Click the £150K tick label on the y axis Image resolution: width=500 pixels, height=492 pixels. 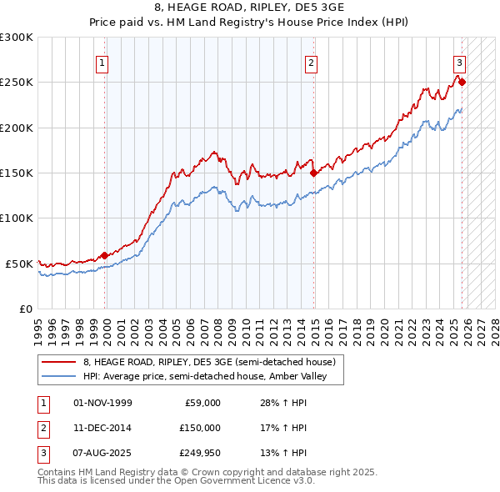tap(17, 173)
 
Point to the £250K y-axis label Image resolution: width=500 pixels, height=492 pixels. tap(17, 83)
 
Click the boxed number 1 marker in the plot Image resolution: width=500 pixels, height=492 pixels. tap(102, 63)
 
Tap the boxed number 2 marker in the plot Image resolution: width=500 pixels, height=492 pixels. tap(311, 63)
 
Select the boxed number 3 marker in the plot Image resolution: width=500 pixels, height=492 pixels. tap(459, 63)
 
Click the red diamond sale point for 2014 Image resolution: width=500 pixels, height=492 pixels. tap(314, 173)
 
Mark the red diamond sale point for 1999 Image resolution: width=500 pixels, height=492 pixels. tap(105, 255)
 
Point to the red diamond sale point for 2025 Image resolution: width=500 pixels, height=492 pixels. tap(462, 83)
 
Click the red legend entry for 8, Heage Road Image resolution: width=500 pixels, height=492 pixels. tap(208, 362)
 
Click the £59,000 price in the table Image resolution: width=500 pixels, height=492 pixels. tap(202, 403)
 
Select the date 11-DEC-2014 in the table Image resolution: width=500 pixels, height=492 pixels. tap(102, 428)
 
